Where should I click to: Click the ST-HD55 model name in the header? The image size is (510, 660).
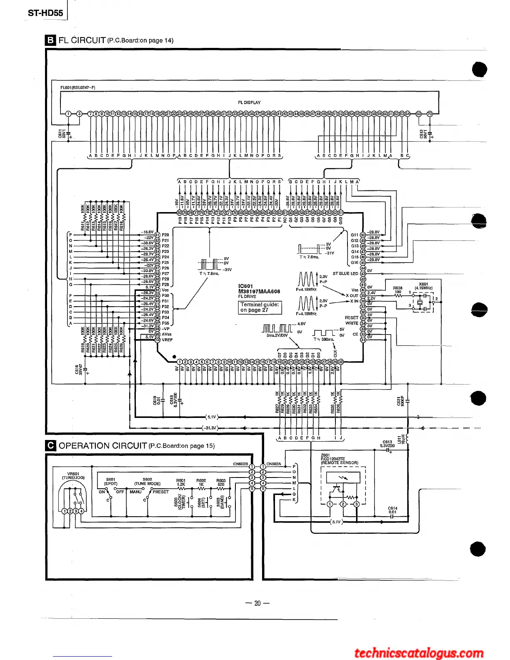tap(45, 13)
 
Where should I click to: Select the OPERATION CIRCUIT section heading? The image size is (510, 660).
tap(102, 446)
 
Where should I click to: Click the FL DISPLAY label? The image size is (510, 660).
tap(249, 102)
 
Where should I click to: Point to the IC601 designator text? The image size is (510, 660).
tap(245, 286)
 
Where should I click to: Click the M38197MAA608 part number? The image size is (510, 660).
tap(259, 292)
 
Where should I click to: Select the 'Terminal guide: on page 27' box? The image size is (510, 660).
tap(260, 307)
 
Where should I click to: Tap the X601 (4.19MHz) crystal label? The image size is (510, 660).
tap(423, 286)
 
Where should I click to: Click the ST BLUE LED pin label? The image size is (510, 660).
tap(345, 274)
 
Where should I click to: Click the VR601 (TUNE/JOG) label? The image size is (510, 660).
tap(73, 475)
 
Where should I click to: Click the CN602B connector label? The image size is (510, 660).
tap(240, 464)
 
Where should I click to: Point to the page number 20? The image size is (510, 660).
tap(257, 603)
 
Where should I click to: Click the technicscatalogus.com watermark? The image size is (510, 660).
tap(418, 652)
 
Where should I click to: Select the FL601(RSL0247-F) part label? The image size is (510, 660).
tap(78, 87)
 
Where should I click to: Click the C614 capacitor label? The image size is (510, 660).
tap(392, 510)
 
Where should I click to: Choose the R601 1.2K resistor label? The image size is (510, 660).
tap(181, 482)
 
